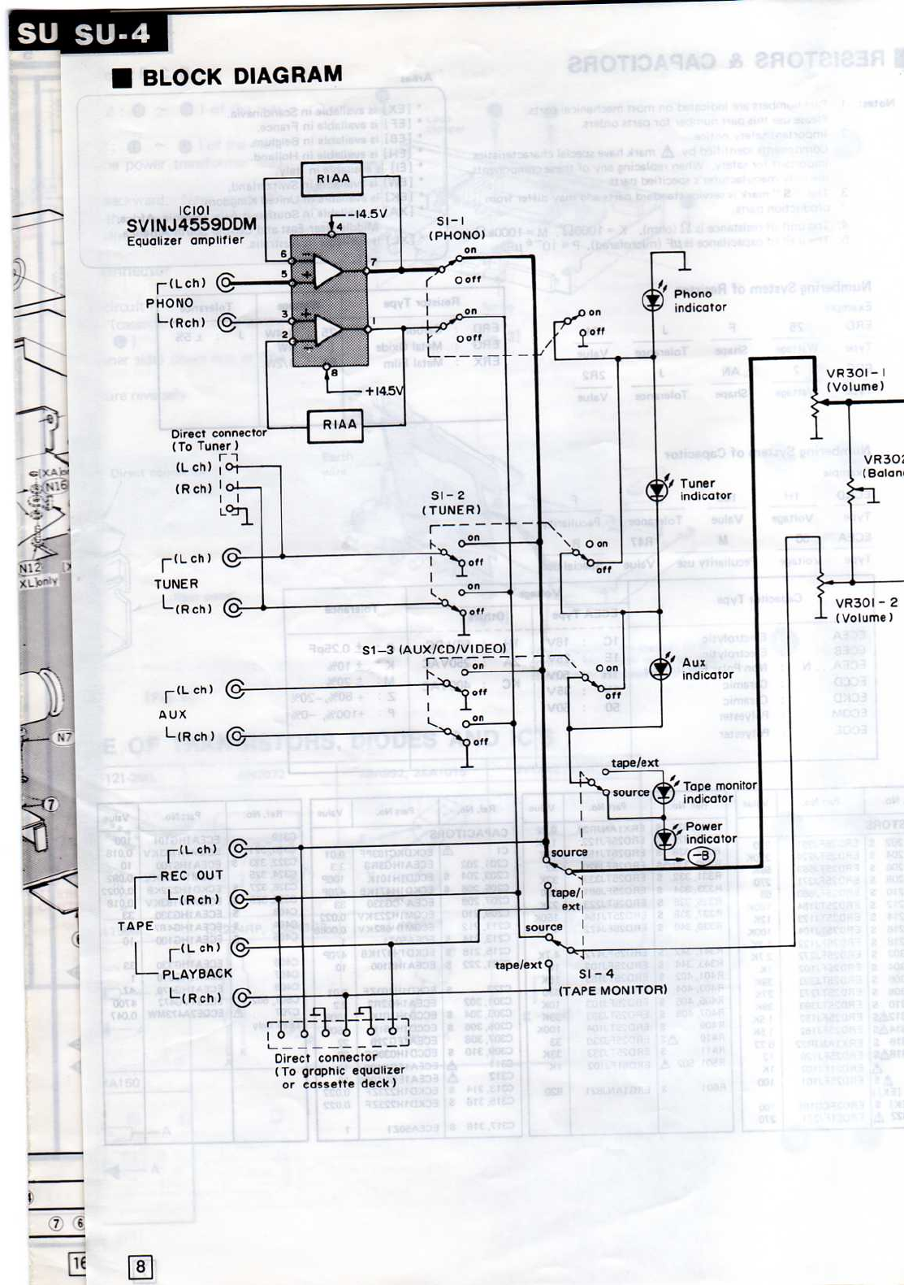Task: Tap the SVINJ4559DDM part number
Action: [191, 224]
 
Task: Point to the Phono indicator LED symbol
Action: [652, 300]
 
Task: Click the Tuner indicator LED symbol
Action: [657, 490]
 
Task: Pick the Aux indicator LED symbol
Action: [661, 668]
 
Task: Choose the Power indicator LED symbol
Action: [666, 836]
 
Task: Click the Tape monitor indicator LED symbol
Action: [664, 791]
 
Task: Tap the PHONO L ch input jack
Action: [226, 283]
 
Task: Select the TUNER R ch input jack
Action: [233, 608]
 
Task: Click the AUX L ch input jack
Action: [236, 689]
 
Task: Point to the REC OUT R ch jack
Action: [239, 899]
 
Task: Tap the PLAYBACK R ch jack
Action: [241, 997]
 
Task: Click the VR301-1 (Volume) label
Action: [855, 380]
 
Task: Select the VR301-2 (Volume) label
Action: [866, 610]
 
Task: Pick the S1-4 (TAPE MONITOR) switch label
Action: [612, 982]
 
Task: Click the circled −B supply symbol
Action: [699, 856]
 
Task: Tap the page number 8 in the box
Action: [141, 1265]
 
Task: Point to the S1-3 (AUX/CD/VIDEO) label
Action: [434, 649]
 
